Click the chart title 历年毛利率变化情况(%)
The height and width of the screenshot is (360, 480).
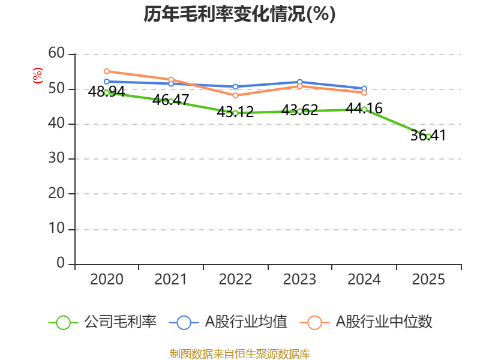point(239,14)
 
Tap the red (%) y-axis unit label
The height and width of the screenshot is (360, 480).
point(37,76)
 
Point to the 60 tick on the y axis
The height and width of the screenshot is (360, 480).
point(56,54)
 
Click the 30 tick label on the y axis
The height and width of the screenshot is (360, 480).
point(56,159)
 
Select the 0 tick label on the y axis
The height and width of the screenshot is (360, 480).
point(60,263)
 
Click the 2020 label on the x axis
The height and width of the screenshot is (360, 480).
point(106,280)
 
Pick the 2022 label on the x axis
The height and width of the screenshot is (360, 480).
point(235,280)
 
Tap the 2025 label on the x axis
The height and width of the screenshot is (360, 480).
point(428,280)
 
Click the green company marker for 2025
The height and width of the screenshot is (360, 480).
point(428,136)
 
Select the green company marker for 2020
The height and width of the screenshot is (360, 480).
point(107,92)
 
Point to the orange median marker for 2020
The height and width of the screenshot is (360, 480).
point(107,71)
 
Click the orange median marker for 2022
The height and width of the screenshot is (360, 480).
point(235,95)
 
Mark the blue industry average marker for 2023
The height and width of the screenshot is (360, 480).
point(299,82)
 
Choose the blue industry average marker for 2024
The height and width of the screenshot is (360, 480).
point(364,88)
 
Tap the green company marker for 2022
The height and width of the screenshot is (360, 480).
point(235,113)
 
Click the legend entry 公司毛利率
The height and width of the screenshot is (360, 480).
point(103,322)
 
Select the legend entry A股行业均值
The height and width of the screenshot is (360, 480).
point(229,322)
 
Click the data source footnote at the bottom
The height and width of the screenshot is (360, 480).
point(239,353)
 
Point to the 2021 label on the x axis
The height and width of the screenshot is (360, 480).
point(170,280)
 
